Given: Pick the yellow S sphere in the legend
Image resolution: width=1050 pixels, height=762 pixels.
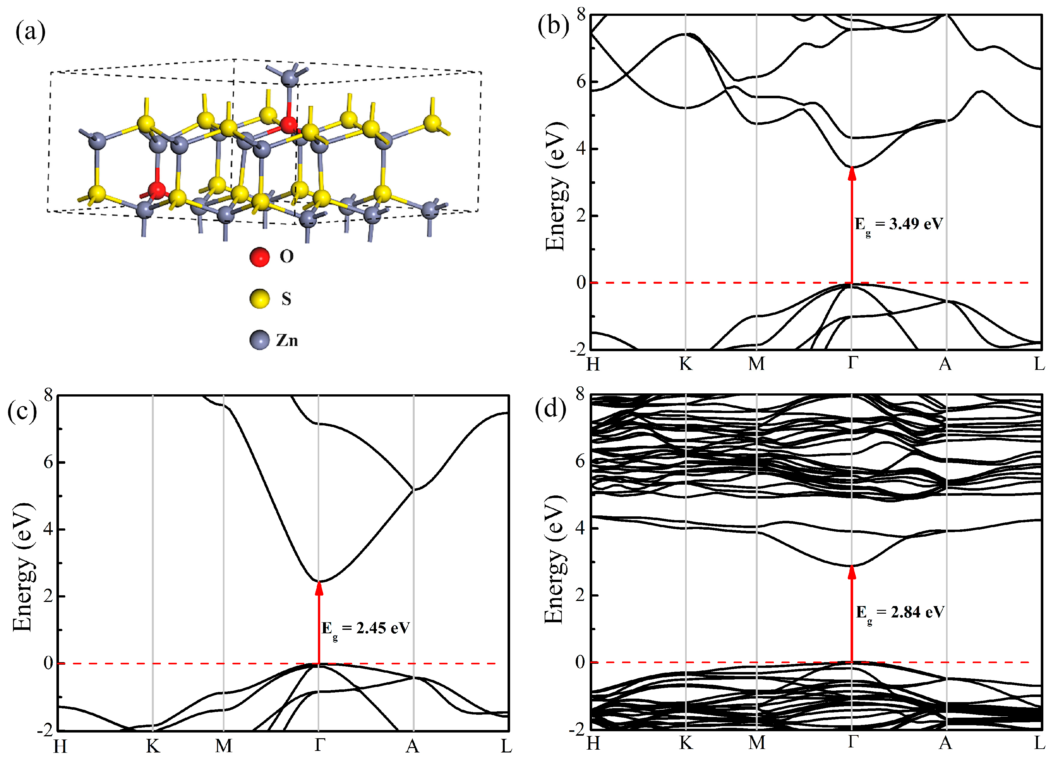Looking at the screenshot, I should (x=259, y=299).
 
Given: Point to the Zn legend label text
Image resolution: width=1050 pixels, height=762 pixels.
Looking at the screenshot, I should (x=287, y=341).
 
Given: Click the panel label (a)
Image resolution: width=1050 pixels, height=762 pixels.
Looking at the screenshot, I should (x=30, y=32).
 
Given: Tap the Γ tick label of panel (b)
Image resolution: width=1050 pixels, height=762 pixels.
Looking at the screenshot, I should (x=852, y=363).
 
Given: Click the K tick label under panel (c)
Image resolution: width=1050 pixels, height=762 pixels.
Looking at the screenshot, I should (x=153, y=746).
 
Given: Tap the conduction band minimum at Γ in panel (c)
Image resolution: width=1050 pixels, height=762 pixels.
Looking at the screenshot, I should (x=319, y=581).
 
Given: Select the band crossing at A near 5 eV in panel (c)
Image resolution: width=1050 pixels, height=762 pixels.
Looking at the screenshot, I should (x=413, y=489).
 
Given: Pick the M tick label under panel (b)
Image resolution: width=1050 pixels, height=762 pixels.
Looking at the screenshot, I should (x=756, y=364).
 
